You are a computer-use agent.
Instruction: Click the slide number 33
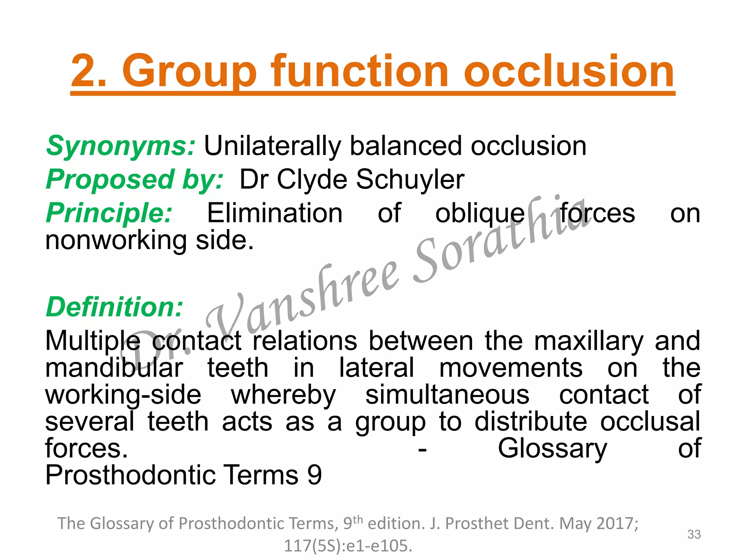coord(694,534)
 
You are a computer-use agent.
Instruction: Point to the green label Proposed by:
coord(134,179)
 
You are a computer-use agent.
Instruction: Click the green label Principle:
coord(109,213)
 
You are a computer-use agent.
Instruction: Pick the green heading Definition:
coord(114,307)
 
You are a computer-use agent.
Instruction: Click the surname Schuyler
coord(410,179)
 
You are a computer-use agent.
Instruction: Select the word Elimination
coord(275,213)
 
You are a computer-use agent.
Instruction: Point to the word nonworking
coord(116,241)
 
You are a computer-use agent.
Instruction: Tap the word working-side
coord(123,395)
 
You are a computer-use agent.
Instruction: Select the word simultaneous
coord(447,395)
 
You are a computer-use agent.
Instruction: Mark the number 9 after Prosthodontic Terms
coord(314,475)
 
